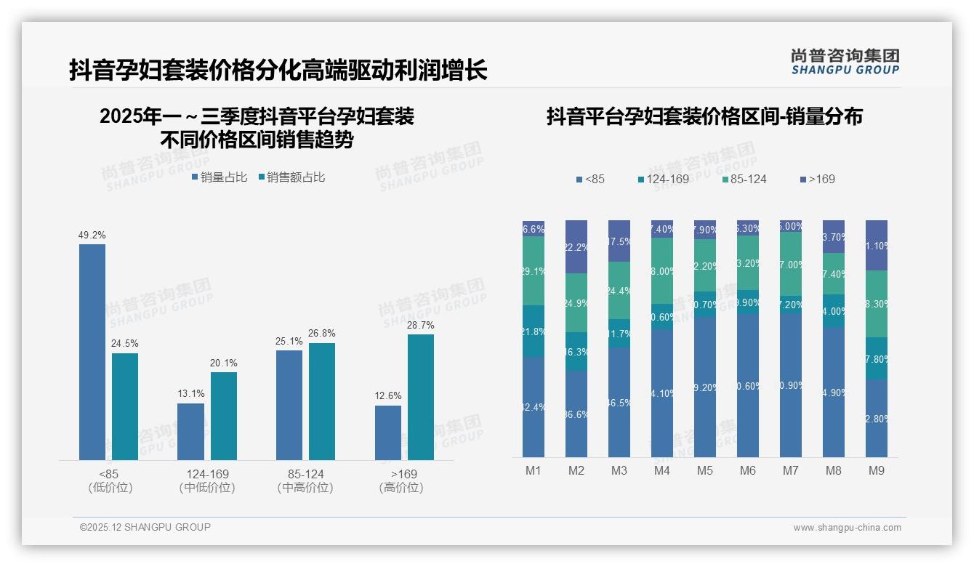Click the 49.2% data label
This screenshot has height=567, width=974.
(x=92, y=236)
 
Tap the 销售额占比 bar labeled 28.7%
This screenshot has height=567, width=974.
(x=421, y=397)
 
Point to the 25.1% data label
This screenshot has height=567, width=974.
(x=289, y=341)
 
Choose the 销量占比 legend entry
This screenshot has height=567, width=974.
(x=220, y=177)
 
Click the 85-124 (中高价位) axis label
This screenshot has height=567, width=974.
(x=305, y=480)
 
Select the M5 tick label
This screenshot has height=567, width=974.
(x=704, y=470)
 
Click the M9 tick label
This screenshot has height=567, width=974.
(x=877, y=470)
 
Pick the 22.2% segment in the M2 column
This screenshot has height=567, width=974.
(x=576, y=247)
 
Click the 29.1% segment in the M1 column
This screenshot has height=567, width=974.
(x=534, y=270)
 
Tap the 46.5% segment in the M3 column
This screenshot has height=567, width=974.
(x=619, y=402)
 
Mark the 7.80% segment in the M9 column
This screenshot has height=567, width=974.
(x=877, y=358)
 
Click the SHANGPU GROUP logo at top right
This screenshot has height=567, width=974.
(x=845, y=62)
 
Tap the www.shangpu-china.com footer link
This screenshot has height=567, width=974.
(x=847, y=528)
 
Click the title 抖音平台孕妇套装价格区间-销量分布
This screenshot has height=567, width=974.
(x=704, y=116)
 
